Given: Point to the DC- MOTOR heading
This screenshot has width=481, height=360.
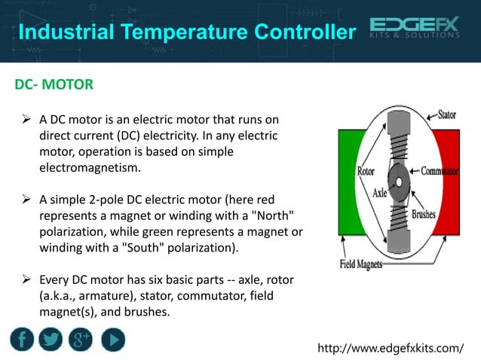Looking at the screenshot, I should tap(54, 84).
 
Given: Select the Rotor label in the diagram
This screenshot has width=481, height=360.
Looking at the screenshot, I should tap(366, 171).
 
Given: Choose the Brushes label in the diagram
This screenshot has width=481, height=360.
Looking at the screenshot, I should tap(428, 213).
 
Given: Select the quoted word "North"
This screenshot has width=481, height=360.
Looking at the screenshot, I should tap(283, 215).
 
